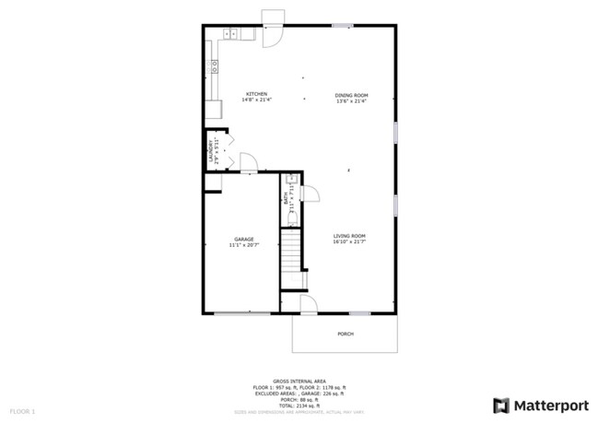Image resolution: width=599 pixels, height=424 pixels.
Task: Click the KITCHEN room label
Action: (x=255, y=95)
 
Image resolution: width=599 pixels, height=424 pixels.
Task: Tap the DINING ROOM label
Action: (x=351, y=95)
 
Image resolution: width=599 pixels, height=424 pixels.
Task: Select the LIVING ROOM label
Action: (x=350, y=236)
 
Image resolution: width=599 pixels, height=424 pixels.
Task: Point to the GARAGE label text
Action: (x=243, y=240)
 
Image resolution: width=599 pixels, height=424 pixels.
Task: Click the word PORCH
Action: (x=346, y=333)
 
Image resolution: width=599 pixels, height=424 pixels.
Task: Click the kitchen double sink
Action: (x=230, y=35)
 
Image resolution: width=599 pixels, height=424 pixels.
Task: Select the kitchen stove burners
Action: (x=214, y=66)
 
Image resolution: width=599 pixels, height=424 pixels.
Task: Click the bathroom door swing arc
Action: (x=311, y=194)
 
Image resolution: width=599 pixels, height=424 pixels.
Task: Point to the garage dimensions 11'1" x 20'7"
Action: (x=243, y=246)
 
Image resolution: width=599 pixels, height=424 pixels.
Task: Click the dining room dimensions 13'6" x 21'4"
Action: (x=351, y=101)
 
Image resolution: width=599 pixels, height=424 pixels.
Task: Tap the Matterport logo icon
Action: (x=501, y=405)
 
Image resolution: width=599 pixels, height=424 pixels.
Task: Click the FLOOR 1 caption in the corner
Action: (x=22, y=409)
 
